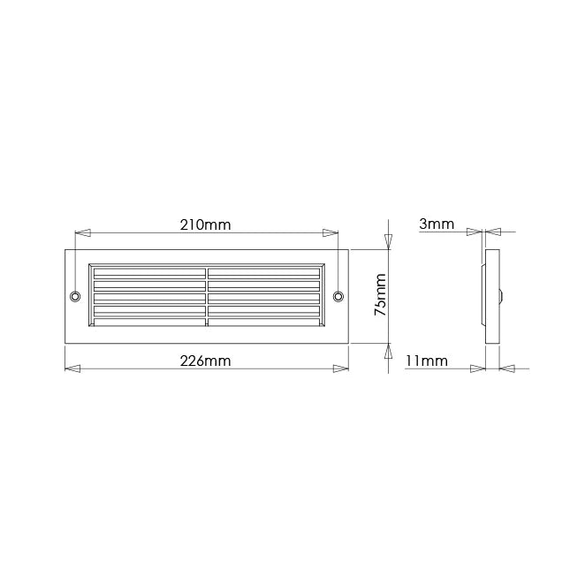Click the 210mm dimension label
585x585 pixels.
205,224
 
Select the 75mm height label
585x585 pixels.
379,296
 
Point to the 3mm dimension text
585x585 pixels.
437,224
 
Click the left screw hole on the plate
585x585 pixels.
75,295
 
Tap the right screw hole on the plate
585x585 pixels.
337,295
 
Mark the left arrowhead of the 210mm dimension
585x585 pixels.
83,233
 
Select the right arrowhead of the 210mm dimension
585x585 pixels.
329,233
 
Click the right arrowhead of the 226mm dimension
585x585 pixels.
340,368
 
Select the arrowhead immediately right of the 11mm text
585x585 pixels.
478,368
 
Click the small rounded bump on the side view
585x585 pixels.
502,295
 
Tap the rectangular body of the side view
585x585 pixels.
492,295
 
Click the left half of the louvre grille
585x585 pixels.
148,295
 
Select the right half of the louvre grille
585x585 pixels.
263,295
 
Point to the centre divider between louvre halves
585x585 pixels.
207,295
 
